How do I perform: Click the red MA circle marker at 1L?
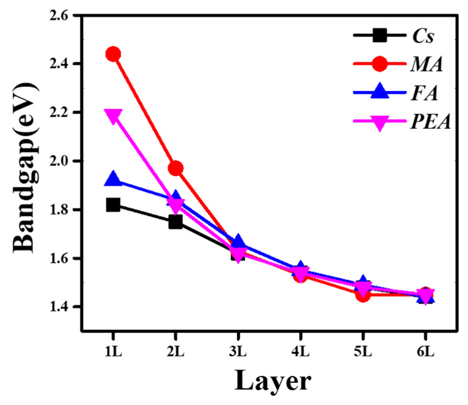(x=113, y=54)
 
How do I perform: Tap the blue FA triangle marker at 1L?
(x=113, y=179)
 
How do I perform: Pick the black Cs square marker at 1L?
(x=113, y=205)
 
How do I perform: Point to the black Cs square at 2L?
(x=175, y=222)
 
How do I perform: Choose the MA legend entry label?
(x=426, y=65)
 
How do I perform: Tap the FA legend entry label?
(x=424, y=93)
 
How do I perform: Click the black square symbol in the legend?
(x=380, y=36)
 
